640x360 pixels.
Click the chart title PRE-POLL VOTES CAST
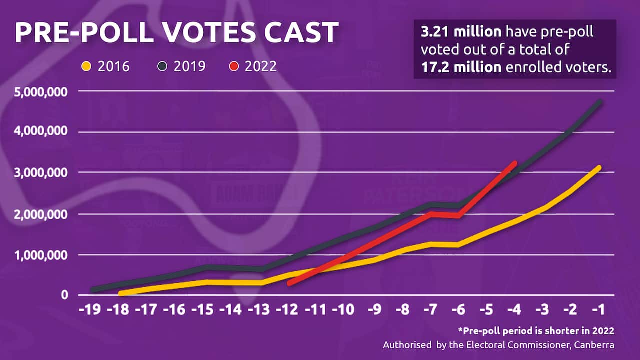[x=176, y=33]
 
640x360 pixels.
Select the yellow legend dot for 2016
[x=86, y=66]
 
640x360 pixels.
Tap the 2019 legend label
[x=189, y=66]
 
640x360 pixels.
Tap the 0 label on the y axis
[x=65, y=295]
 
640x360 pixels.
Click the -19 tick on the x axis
[x=92, y=310]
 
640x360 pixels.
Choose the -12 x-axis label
[x=287, y=310]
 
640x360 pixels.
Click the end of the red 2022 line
[x=515, y=162]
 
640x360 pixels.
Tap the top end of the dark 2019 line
[x=599, y=102]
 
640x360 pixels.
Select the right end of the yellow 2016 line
[x=599, y=167]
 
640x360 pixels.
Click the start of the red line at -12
[x=289, y=283]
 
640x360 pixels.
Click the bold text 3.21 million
[x=461, y=32]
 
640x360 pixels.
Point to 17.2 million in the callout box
[x=461, y=67]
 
